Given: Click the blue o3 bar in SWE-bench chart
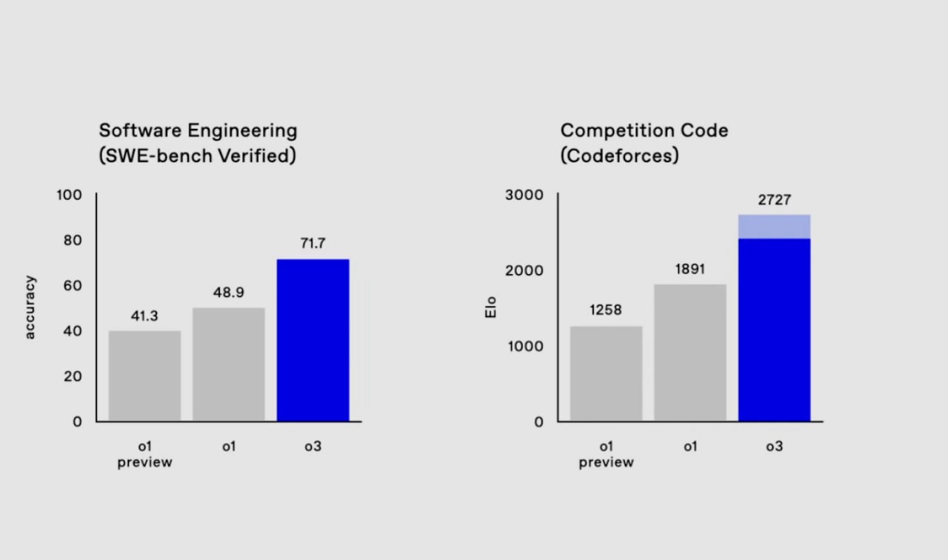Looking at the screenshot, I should point(313,340).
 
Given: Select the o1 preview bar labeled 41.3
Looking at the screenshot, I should point(144,376).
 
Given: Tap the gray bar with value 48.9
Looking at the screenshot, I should point(228,364).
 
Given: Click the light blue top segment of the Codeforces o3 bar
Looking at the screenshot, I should point(774,227).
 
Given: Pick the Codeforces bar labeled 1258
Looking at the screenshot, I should point(606,373).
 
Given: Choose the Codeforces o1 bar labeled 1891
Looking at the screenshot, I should point(690,353).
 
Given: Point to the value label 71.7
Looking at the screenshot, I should point(313,243).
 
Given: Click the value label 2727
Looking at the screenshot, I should point(774,200).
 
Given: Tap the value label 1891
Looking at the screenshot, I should point(690,269).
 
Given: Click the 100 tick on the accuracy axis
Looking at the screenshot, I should point(69,195).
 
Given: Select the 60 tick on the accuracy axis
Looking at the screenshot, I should point(73,285).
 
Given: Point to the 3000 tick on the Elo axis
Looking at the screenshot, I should point(524,195).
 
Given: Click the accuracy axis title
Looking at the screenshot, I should point(30,307).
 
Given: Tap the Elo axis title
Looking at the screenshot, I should point(490,307).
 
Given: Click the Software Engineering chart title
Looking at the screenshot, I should point(198,130).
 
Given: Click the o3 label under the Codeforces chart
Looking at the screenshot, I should point(774,446).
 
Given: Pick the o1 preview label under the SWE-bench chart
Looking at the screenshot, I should point(144,454).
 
